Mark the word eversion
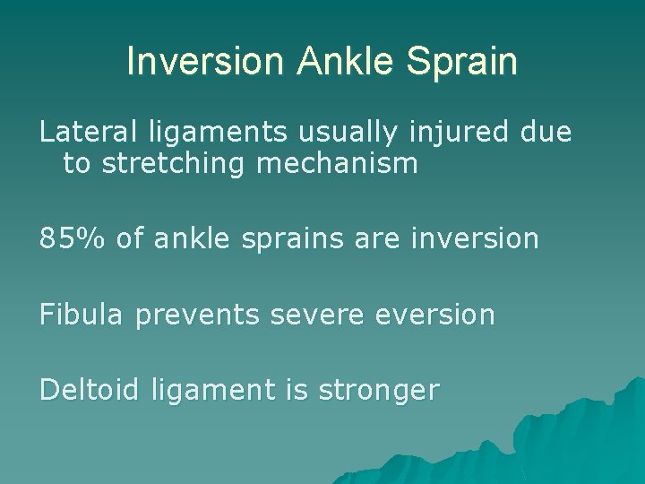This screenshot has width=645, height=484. click(x=432, y=315)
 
